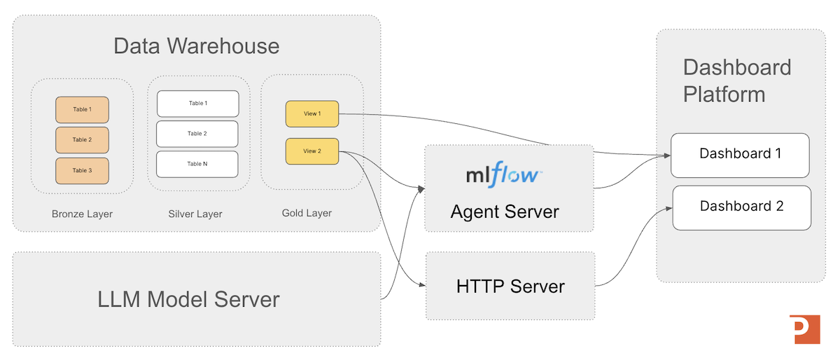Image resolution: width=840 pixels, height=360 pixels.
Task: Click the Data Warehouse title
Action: [196, 46]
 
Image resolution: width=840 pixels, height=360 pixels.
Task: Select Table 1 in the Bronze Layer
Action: [82, 110]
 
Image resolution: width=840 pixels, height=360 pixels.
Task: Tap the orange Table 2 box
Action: [82, 140]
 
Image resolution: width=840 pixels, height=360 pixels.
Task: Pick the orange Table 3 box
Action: [82, 171]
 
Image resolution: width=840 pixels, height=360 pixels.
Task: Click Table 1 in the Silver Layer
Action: [197, 104]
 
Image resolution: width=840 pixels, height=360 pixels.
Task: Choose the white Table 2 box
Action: [197, 134]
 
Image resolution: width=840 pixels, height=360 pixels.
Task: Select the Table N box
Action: [197, 164]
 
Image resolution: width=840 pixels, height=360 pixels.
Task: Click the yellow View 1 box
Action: [311, 114]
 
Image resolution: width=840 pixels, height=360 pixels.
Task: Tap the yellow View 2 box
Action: [311, 151]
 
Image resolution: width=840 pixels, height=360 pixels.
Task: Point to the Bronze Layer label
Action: [82, 214]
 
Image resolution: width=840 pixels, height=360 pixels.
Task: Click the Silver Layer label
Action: [195, 214]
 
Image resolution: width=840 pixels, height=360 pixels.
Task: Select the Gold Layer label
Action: [307, 213]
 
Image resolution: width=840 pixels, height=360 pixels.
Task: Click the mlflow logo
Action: [504, 174]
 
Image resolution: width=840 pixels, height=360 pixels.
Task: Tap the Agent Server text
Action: [505, 211]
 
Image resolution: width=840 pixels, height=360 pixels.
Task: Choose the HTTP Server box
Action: [510, 286]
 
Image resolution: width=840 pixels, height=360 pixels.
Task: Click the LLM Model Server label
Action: [188, 299]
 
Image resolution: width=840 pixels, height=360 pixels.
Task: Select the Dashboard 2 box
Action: [741, 207]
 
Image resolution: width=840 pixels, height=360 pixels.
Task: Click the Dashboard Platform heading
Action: [737, 81]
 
